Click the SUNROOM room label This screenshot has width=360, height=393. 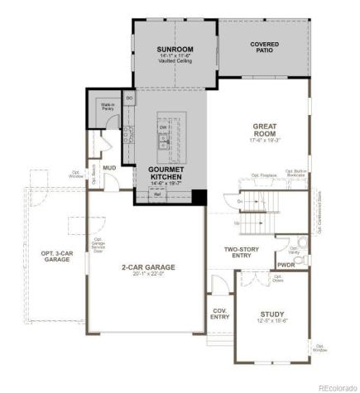pos(175,50)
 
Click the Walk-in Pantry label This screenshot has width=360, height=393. pos(108,106)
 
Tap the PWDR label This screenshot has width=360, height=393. pos(286,265)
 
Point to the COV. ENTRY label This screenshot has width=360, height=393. pos(219,314)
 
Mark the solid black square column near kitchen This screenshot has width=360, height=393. pos(198,197)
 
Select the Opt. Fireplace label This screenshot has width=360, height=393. pos(263,176)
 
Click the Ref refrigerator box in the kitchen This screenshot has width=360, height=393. pos(155,194)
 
